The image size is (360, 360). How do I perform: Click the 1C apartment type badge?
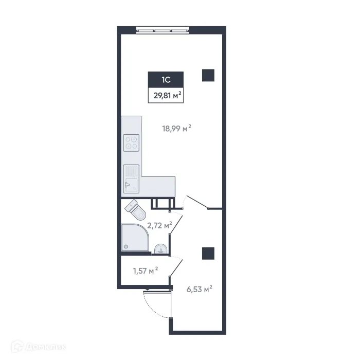[166, 80]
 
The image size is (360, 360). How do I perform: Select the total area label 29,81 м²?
[166, 95]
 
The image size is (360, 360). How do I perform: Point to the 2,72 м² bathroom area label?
[159, 225]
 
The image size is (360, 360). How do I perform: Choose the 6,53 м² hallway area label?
[200, 290]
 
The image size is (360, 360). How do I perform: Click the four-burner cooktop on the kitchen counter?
[132, 142]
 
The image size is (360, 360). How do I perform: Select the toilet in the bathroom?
[137, 209]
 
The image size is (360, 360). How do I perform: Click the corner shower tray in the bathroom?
[135, 238]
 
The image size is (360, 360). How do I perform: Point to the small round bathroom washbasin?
[161, 249]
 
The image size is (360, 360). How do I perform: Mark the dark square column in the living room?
[208, 75]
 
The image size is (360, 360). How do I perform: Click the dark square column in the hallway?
[208, 253]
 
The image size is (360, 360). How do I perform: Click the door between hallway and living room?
[196, 202]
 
